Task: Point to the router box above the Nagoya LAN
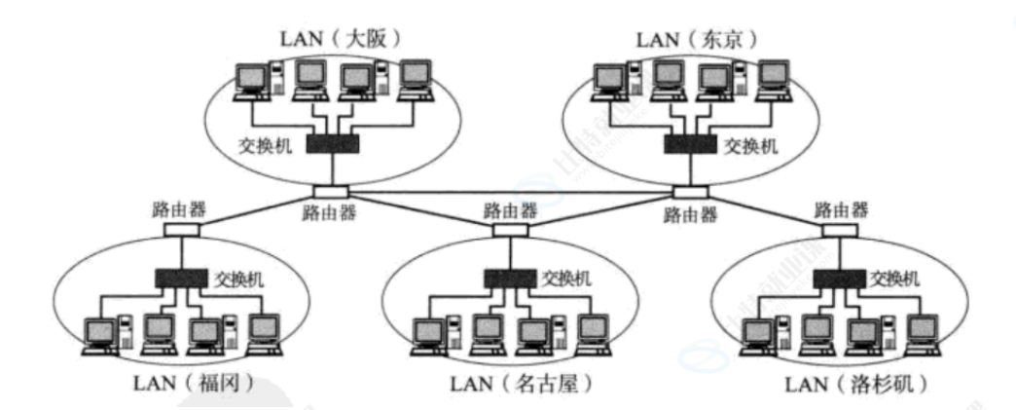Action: (x=509, y=231)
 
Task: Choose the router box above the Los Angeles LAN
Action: (x=841, y=231)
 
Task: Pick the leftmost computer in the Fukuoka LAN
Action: (x=102, y=334)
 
